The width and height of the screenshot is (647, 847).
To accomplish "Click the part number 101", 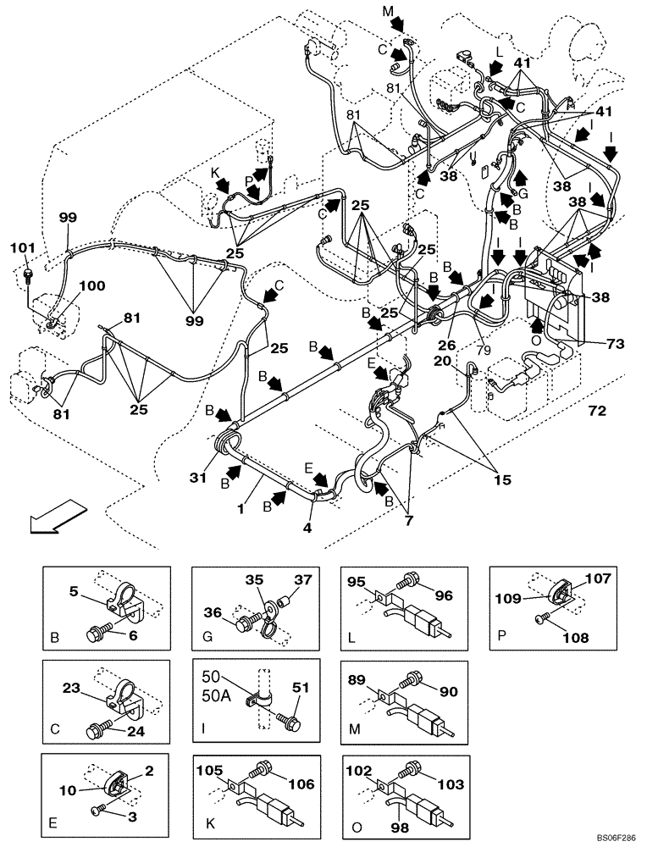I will tap(25, 248).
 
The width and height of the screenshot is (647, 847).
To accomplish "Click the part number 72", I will tap(598, 411).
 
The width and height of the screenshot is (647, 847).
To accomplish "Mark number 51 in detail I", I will tap(301, 687).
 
